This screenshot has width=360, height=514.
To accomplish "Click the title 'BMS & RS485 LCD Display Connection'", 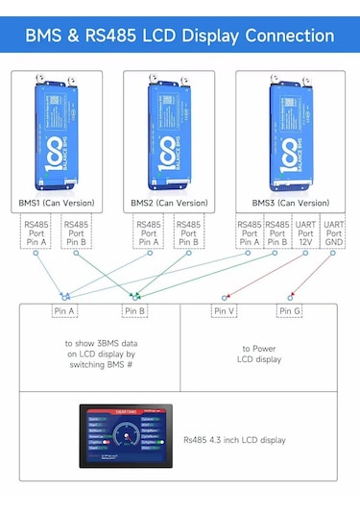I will tap(180, 36).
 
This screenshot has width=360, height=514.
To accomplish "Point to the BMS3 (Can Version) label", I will tap(290, 203).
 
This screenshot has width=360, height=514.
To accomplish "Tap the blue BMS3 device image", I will tap(290, 135).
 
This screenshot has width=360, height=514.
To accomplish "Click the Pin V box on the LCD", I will tap(225, 311).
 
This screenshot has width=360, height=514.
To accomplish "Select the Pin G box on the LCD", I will tap(290, 311).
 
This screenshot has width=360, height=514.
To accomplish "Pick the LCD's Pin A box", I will tap(65, 311).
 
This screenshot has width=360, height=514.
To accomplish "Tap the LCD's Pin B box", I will tap(134, 311).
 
